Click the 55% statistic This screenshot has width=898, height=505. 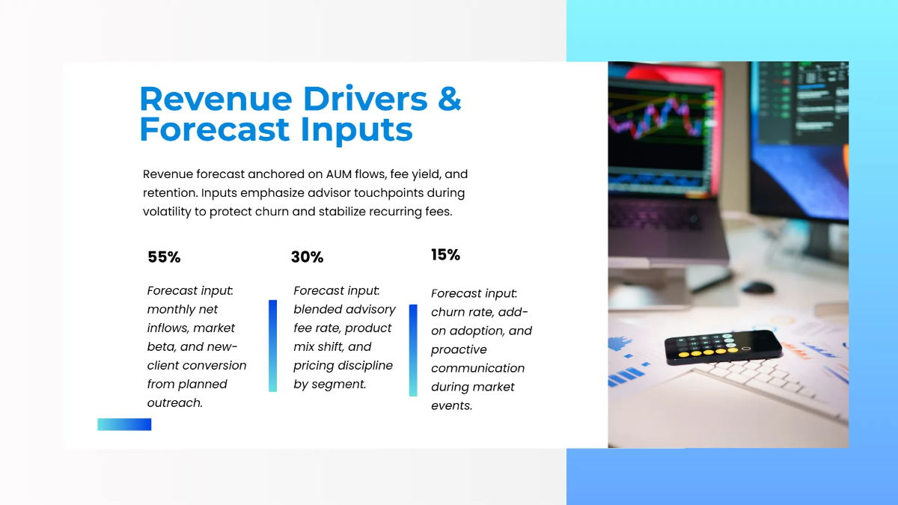(164, 257)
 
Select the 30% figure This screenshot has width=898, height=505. (307, 257)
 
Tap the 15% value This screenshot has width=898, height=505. (445, 255)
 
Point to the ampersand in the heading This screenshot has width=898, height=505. (449, 100)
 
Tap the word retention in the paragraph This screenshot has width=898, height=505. (169, 193)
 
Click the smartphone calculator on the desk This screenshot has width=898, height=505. (723, 347)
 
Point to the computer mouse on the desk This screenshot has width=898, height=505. (757, 287)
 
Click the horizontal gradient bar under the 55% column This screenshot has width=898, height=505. (124, 424)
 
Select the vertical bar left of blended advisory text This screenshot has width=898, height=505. (272, 346)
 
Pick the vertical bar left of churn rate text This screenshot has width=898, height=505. (413, 350)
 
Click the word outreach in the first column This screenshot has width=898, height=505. (174, 403)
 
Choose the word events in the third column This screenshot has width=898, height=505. (451, 406)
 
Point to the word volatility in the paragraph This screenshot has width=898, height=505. (169, 212)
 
